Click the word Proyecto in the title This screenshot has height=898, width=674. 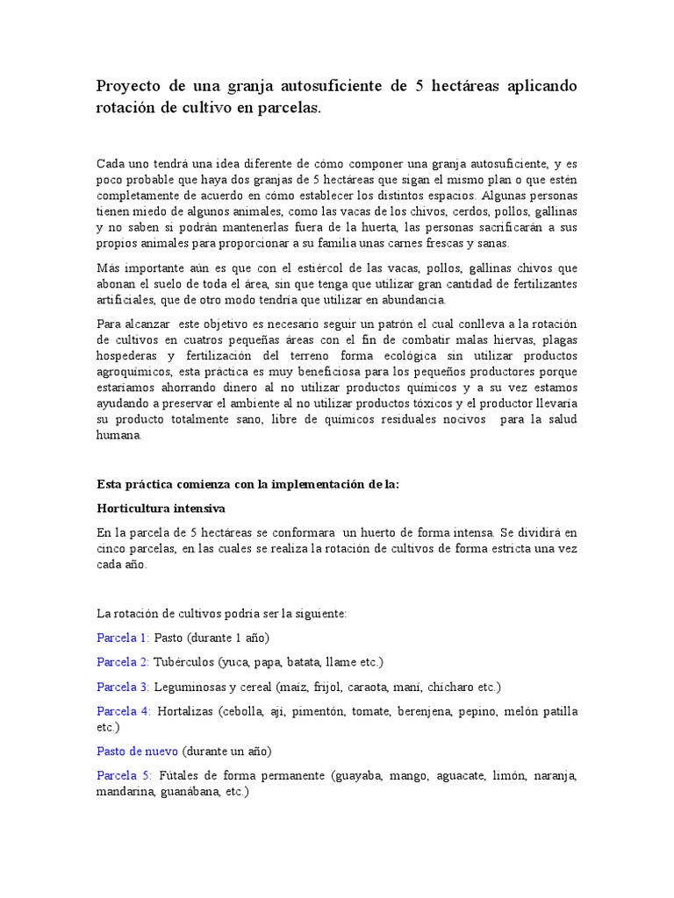click(x=130, y=85)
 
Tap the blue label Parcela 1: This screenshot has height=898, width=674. click(x=122, y=638)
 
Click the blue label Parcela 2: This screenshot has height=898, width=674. click(x=122, y=661)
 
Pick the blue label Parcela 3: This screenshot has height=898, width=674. click(x=122, y=686)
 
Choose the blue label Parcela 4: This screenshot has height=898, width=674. click(x=123, y=710)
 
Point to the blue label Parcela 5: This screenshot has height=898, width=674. click(x=123, y=775)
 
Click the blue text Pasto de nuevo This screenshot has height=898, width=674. click(x=136, y=752)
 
